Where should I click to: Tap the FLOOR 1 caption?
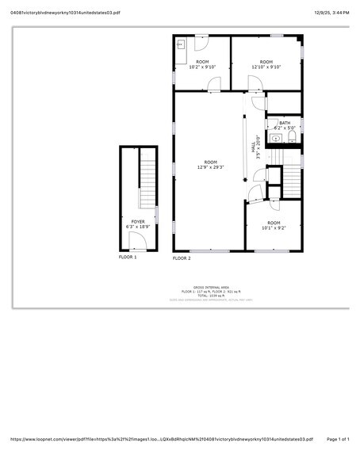point(128,257)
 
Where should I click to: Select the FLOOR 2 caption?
point(182,258)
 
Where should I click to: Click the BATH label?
point(284,122)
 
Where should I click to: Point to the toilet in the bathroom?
point(292,138)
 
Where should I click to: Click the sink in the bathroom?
point(275,139)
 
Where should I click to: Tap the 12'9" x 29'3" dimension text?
point(210,167)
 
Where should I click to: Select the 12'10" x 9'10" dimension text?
point(266,67)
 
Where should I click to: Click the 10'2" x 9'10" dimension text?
point(202,67)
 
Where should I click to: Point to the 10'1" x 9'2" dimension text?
point(273,228)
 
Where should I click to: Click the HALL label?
point(253,147)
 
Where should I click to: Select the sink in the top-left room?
point(182,45)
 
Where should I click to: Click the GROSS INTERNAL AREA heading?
point(211,287)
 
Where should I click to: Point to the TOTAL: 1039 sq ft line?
point(211,296)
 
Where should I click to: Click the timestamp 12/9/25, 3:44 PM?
point(331,13)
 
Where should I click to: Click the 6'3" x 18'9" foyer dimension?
point(139,227)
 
